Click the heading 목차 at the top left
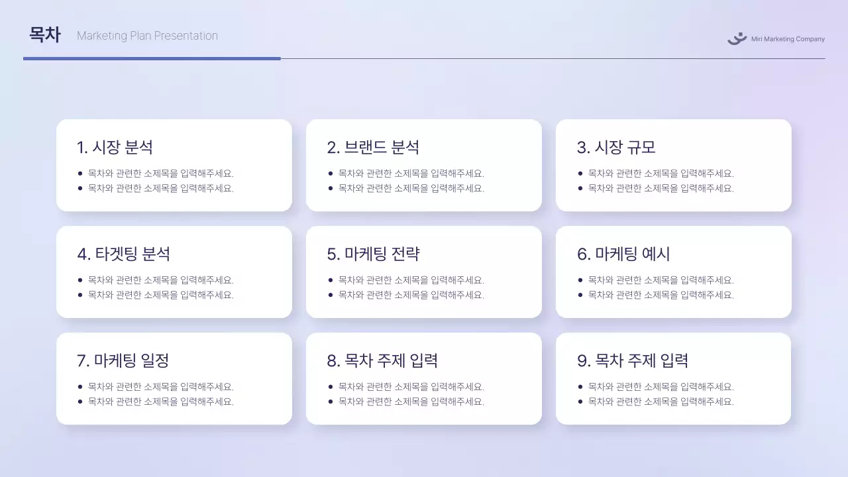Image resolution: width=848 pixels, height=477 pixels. click(x=44, y=35)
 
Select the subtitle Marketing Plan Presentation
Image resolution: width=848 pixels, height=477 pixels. click(x=147, y=36)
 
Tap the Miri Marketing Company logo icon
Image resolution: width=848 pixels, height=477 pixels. click(x=737, y=38)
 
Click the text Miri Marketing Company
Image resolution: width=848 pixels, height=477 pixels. click(x=788, y=39)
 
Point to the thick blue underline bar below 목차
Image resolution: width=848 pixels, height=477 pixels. click(x=152, y=58)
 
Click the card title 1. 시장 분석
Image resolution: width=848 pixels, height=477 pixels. click(x=115, y=147)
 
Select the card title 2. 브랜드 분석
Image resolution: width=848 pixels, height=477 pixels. click(x=373, y=147)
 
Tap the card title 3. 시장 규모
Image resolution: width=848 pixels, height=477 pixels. click(x=616, y=147)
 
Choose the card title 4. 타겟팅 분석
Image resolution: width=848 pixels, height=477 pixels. click(x=124, y=254)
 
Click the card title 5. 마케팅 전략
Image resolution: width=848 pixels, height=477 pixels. click(x=373, y=254)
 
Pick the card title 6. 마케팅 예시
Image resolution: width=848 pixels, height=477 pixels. click(x=623, y=254)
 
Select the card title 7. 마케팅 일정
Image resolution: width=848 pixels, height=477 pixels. click(x=123, y=360)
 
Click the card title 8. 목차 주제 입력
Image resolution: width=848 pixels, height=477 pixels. click(x=382, y=360)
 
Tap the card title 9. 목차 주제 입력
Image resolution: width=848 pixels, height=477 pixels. click(x=633, y=360)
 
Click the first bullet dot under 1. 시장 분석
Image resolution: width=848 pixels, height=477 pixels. click(x=80, y=174)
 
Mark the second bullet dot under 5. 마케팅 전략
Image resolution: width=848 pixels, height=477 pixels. click(x=331, y=295)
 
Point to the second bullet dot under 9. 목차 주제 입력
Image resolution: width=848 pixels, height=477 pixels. click(x=580, y=401)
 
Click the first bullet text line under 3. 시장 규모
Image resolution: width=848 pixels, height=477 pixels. click(x=661, y=174)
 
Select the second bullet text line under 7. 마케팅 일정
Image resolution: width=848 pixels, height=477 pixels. click(x=161, y=401)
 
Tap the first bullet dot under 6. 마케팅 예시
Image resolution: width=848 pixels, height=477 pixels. click(x=580, y=280)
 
